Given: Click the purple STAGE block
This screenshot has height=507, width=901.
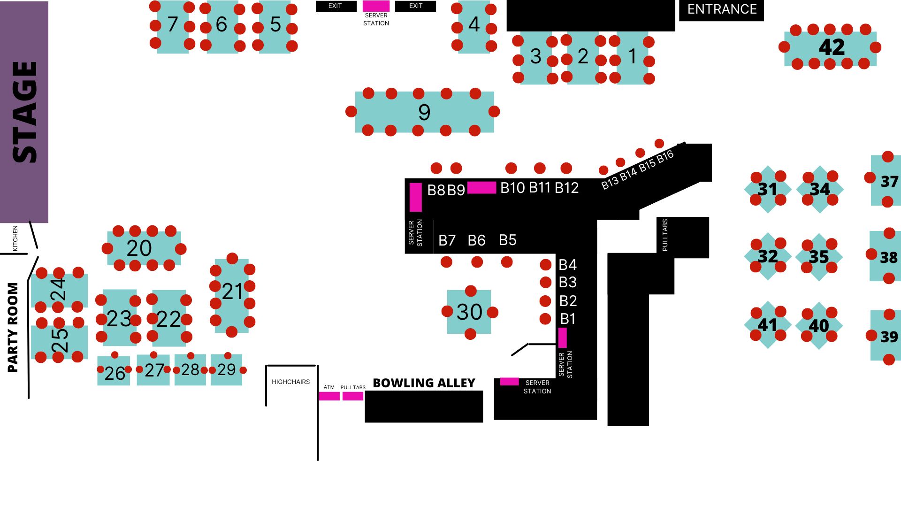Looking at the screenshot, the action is [24, 112].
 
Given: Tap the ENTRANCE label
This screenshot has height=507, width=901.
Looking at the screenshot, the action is [722, 9].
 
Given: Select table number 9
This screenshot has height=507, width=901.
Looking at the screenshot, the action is [424, 112].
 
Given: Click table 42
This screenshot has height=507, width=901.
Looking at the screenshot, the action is [830, 47].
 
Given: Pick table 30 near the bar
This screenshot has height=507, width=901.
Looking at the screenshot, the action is [469, 312].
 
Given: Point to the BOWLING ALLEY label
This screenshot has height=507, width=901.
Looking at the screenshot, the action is [424, 383].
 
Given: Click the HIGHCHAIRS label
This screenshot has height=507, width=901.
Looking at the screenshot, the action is [290, 382].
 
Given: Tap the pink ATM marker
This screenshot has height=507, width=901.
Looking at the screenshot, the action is [329, 396].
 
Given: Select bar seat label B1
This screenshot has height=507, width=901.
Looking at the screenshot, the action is [568, 319].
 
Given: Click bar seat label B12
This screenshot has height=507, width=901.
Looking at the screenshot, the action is [566, 188].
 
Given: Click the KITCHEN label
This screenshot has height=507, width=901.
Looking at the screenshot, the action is [15, 238].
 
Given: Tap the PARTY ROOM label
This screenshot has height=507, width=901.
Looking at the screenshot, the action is [13, 327].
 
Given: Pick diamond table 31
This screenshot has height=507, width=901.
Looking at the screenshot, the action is [768, 189].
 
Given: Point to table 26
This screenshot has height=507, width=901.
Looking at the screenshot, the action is [114, 371].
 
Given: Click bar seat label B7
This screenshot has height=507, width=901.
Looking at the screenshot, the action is [447, 241].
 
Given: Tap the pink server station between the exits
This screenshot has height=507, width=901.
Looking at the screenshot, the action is [376, 6].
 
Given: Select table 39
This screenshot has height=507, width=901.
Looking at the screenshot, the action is [886, 336].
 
